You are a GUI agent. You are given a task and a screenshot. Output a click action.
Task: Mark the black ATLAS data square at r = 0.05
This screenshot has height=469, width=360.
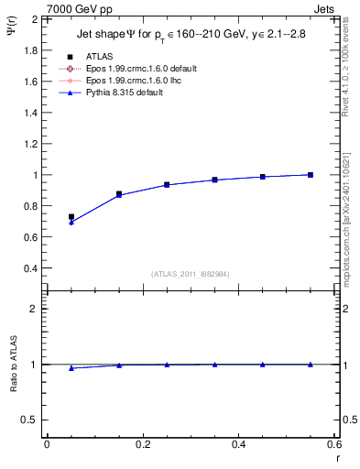coord(71,217)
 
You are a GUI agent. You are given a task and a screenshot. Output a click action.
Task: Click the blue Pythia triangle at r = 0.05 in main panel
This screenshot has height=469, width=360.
coord(71,223)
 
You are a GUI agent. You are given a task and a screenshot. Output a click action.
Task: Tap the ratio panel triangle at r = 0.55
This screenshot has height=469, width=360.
coord(311,364)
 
